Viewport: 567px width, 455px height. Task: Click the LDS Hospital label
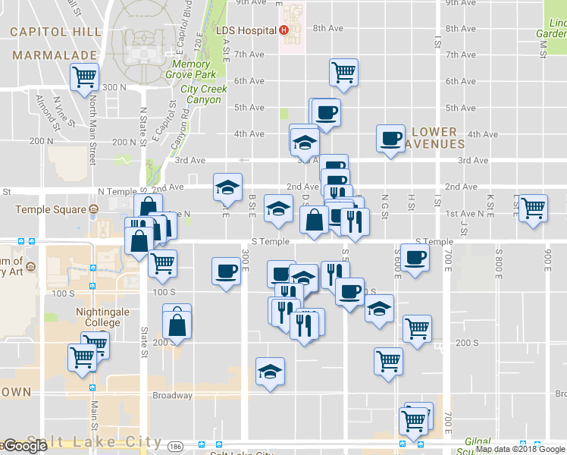[x=246, y=30]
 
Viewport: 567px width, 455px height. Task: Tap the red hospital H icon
[x=283, y=30]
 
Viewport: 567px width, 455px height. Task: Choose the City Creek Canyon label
[x=203, y=94]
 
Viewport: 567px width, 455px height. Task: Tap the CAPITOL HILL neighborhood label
[x=55, y=32]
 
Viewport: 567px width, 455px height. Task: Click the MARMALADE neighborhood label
[x=55, y=55]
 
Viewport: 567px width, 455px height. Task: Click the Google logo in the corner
[x=24, y=447]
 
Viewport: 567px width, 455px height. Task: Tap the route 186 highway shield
[x=175, y=445]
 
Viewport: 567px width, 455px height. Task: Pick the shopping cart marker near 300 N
[x=84, y=76]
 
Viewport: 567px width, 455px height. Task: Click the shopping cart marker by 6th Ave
[x=343, y=72]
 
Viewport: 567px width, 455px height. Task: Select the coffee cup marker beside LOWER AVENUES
[x=391, y=138]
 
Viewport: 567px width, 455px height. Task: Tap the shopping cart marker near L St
[x=534, y=207]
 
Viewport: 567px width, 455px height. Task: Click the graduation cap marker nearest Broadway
[x=270, y=372]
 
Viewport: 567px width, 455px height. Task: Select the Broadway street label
[x=172, y=396]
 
